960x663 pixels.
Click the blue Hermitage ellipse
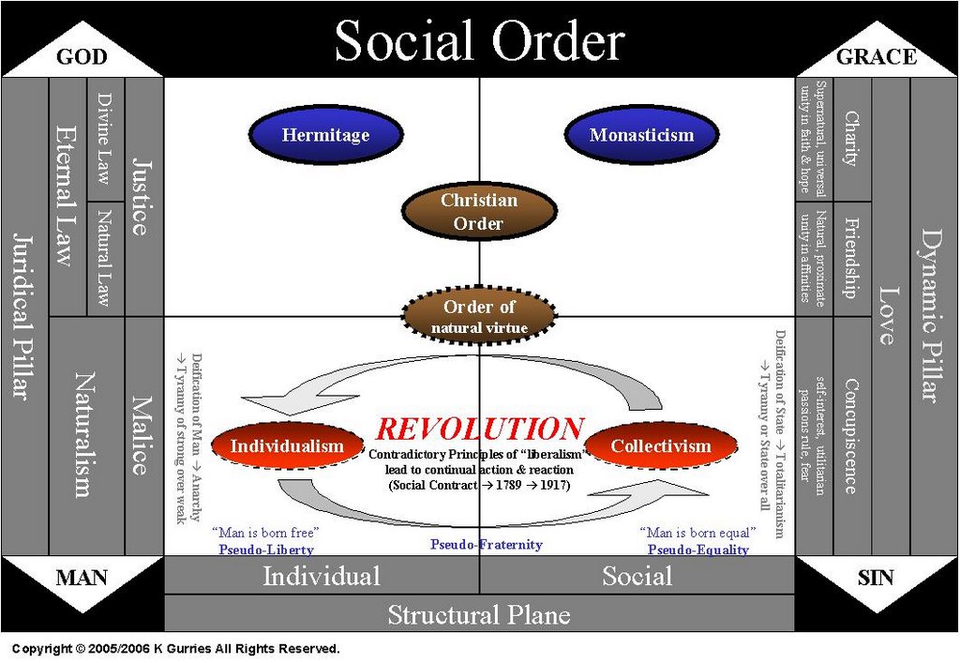[325, 134]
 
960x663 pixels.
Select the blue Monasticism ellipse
[641, 134]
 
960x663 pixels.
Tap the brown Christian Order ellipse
[479, 211]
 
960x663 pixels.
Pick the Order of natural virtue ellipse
[479, 316]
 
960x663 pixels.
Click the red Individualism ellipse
[287, 445]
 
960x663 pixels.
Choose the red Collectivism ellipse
[661, 445]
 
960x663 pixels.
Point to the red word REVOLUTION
[479, 429]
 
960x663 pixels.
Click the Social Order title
[479, 41]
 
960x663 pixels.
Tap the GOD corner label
[82, 57]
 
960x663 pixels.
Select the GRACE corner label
[876, 57]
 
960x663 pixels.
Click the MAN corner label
[82, 577]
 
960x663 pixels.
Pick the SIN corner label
[876, 577]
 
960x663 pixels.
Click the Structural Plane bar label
[479, 614]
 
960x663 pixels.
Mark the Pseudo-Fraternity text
[486, 544]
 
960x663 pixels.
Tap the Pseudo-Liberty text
[265, 550]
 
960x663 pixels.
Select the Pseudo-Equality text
[698, 550]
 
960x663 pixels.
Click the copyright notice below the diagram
[175, 648]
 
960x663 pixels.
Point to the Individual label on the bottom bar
[322, 575]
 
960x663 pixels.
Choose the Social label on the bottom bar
[637, 575]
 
